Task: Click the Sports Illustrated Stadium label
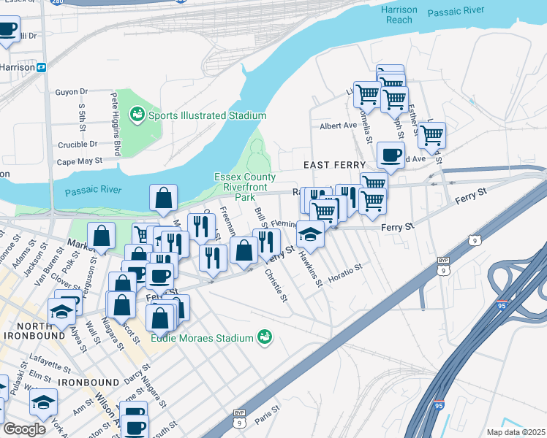(x=207, y=115)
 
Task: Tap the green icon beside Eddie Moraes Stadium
(x=265, y=337)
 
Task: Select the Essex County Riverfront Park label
(x=245, y=187)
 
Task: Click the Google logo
(x=24, y=429)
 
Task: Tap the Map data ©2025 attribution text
(x=516, y=432)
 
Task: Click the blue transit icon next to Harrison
(x=42, y=67)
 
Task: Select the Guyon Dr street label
(x=72, y=92)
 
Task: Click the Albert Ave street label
(x=338, y=126)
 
